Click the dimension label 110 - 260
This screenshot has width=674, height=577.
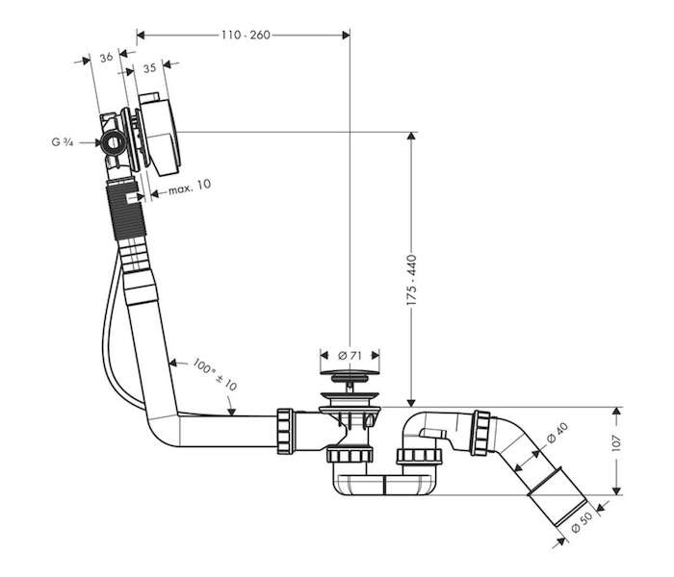tap(246, 36)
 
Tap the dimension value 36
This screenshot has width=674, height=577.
tap(106, 57)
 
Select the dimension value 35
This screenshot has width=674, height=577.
tap(149, 68)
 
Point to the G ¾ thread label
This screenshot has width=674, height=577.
tap(63, 142)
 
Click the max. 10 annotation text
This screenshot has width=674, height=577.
tap(190, 188)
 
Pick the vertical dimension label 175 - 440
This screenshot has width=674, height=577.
tap(411, 281)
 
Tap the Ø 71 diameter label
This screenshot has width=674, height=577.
tap(350, 356)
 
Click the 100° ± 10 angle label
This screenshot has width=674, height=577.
tap(215, 374)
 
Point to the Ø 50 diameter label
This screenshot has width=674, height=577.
tap(582, 521)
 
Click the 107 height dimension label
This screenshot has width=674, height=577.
tap(616, 443)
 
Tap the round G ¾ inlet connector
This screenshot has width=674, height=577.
tap(114, 142)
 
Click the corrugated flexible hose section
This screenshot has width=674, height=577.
tap(127, 211)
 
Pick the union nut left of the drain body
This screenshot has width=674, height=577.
tap(285, 432)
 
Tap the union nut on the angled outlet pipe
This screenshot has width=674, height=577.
tap(481, 433)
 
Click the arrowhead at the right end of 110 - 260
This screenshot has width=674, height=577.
tap(346, 36)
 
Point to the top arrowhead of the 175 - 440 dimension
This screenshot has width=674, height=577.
tap(411, 136)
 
